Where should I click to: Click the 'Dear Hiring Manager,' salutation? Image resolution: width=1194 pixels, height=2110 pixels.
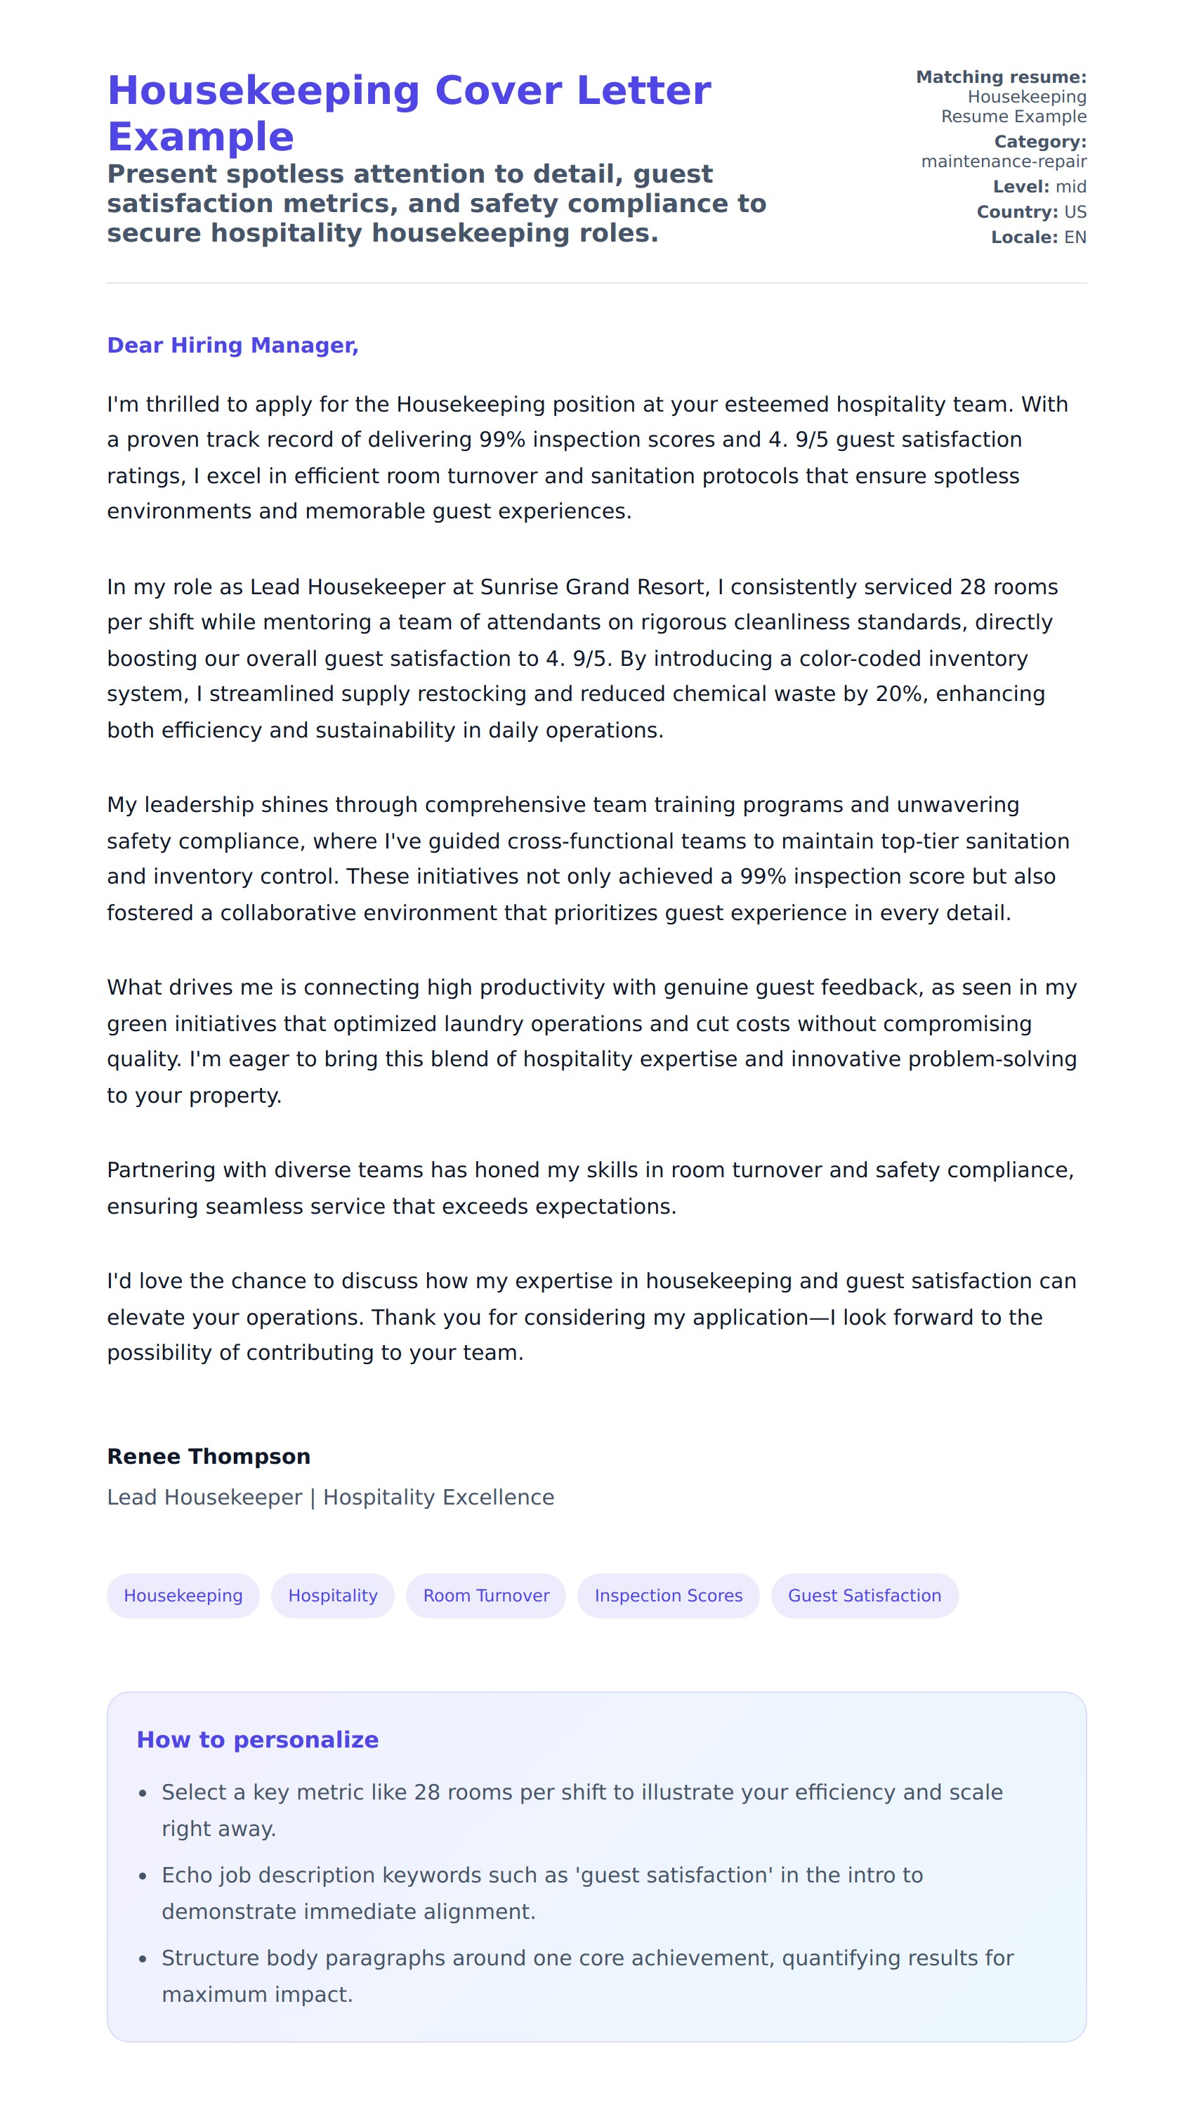(x=233, y=346)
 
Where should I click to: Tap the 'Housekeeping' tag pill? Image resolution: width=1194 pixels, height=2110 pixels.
(x=183, y=1595)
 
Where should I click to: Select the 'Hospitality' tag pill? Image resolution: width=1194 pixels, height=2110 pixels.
(x=333, y=1595)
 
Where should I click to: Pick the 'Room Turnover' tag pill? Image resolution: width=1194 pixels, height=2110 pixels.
(x=486, y=1595)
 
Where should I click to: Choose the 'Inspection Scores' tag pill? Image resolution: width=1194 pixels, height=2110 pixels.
(x=669, y=1595)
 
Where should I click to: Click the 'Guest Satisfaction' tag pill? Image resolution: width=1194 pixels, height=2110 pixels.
(x=865, y=1595)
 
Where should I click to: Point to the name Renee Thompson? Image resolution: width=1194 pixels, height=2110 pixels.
(x=209, y=1456)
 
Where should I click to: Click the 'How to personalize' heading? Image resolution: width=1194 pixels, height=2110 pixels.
(x=258, y=1739)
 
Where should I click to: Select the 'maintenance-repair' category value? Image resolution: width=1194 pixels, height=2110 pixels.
(x=1004, y=162)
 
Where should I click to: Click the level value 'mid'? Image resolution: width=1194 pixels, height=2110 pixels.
(x=1070, y=187)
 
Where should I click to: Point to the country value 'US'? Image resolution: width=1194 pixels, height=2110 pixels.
(x=1075, y=212)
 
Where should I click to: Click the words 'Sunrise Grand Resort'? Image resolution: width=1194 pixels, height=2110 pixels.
(x=593, y=587)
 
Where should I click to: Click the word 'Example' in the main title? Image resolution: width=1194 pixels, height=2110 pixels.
(x=200, y=136)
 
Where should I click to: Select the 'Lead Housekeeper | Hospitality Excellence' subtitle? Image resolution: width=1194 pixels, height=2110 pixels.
(x=331, y=1498)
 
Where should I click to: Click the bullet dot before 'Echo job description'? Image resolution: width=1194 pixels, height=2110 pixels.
(x=143, y=1875)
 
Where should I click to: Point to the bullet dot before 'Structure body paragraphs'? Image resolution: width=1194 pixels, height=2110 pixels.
(x=143, y=1958)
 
